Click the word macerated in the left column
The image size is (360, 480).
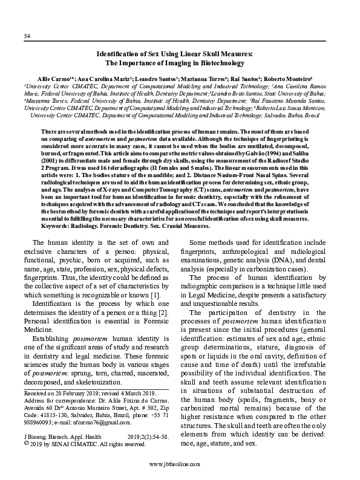(140, 373)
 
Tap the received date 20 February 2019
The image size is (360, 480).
(73, 393)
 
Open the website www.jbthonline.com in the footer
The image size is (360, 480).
(180, 465)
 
